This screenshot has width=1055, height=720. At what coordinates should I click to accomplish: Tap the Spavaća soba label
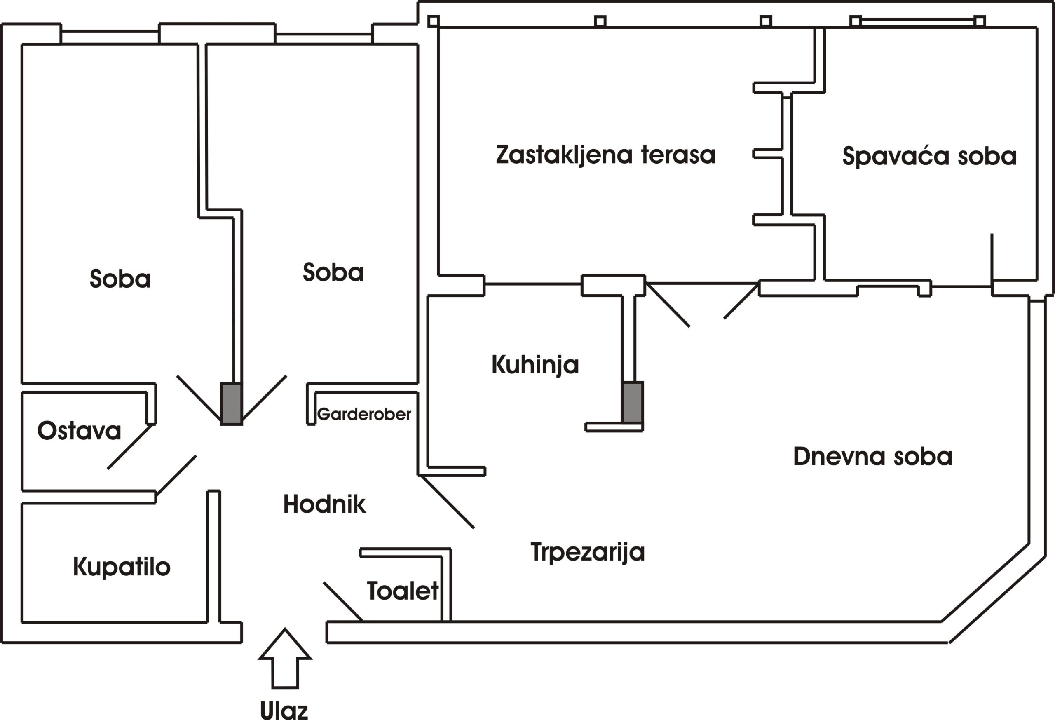929,156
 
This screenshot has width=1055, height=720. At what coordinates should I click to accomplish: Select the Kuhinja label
535,365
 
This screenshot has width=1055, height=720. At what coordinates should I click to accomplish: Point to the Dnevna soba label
872,456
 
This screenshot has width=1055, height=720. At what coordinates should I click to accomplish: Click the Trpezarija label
587,552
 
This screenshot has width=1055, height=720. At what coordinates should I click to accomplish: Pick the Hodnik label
324,504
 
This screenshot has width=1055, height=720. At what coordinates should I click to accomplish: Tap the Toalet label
403,591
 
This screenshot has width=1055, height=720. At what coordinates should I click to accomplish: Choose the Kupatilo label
122,567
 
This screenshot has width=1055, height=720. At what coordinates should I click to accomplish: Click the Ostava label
79,430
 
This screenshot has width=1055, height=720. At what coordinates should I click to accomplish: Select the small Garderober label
364,414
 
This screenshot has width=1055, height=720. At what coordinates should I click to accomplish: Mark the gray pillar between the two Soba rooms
232,403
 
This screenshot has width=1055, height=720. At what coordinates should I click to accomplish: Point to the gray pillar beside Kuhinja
632,403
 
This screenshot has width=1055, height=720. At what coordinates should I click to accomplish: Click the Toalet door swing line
343,601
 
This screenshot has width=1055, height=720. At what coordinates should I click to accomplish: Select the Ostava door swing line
129,447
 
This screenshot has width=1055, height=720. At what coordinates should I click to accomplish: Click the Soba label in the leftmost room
120,278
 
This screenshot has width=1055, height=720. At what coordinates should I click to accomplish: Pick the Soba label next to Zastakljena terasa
333,272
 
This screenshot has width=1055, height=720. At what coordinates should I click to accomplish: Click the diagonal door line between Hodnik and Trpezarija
447,502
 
